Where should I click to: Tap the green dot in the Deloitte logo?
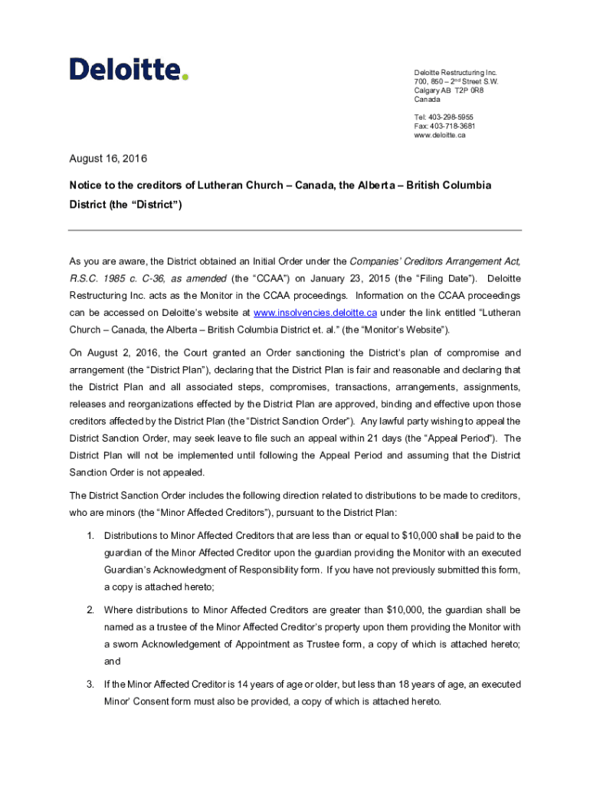tap(185, 76)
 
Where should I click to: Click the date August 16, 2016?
tap(108, 159)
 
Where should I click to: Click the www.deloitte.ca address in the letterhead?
tap(440, 135)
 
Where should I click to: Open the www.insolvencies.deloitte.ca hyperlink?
tap(315, 313)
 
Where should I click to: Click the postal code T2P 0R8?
tap(469, 90)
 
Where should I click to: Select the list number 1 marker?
tap(90, 536)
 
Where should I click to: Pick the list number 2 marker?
tap(90, 610)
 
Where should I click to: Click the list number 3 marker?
tap(90, 685)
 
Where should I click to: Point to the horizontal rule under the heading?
tap(295, 230)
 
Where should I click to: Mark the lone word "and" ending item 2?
tap(113, 661)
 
